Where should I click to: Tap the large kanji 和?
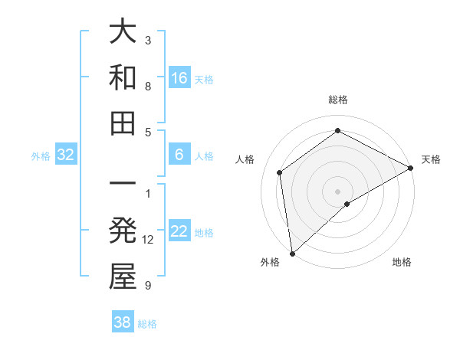(x=123, y=77)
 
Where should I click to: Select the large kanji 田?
(x=123, y=123)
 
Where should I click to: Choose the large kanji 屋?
(x=123, y=277)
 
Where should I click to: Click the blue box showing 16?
(x=179, y=77)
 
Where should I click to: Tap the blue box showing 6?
(x=179, y=154)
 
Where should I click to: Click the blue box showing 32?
(x=66, y=155)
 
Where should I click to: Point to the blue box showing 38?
(x=123, y=322)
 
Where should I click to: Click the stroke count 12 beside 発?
(x=148, y=240)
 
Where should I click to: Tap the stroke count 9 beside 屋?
(x=148, y=286)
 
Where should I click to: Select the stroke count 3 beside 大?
(x=148, y=40)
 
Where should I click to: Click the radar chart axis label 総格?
(x=338, y=100)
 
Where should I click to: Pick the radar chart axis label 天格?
(x=431, y=159)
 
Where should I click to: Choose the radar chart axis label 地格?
(x=402, y=262)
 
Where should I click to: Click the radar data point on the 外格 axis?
(x=291, y=253)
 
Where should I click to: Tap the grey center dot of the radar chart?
(x=338, y=191)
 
